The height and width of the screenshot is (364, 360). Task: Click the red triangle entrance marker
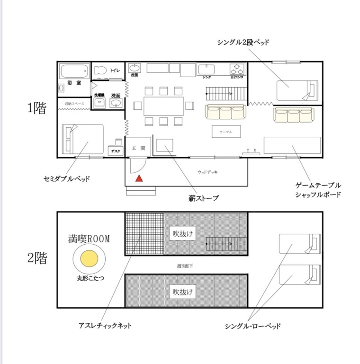click(x=139, y=178)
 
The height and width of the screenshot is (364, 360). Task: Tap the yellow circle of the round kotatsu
click(x=89, y=259)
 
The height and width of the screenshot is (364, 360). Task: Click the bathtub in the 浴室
click(x=74, y=72)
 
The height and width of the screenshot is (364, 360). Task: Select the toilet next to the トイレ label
click(x=100, y=71)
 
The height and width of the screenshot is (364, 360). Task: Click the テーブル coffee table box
click(x=226, y=132)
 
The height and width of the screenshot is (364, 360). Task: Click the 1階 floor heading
click(x=37, y=108)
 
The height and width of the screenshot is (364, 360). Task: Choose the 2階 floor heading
click(x=37, y=259)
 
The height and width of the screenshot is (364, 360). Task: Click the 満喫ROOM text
click(x=89, y=240)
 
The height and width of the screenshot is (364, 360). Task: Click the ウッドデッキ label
click(x=207, y=172)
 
